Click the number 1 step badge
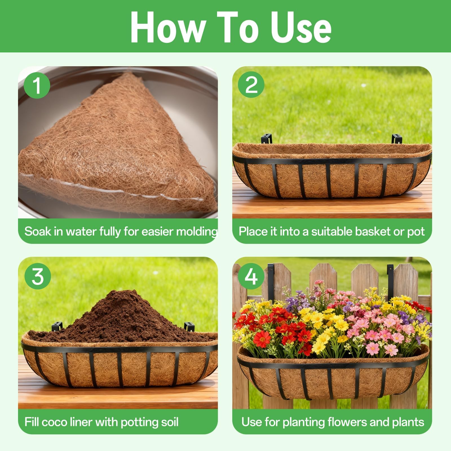coord(37,85)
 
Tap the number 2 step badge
coord(251,84)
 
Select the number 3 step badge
coord(38,276)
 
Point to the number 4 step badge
coord(251,276)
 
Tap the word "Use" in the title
coord(302,27)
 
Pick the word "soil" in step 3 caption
coord(169,422)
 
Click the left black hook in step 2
coord(266,138)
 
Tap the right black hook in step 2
coord(397,139)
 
